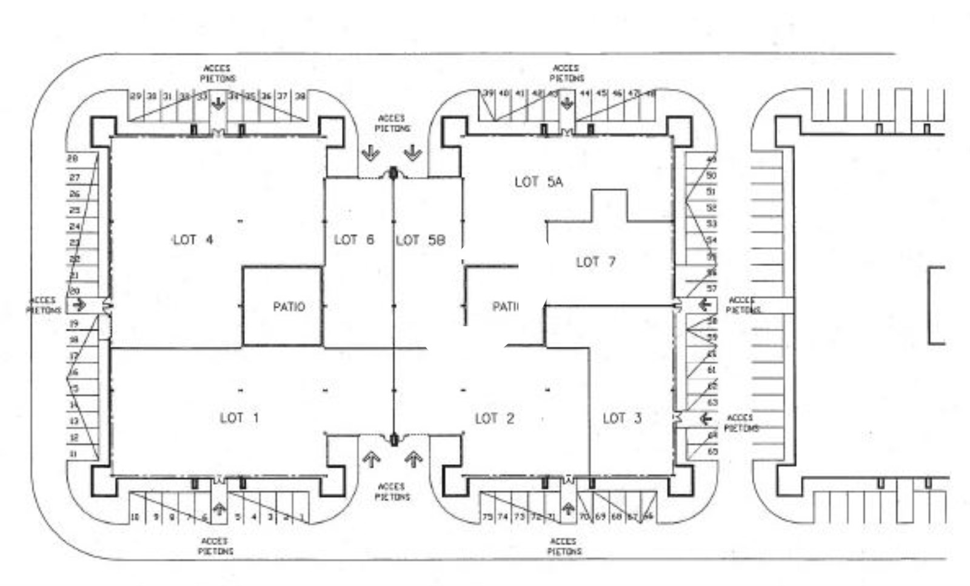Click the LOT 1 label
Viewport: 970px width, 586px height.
[x=239, y=418]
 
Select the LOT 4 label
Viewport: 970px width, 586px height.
[x=193, y=240]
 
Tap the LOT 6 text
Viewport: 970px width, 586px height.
[x=354, y=240]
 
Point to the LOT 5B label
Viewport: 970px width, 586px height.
[x=420, y=241]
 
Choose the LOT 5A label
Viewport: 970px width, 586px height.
[x=538, y=181]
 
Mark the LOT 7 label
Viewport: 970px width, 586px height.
[x=595, y=262]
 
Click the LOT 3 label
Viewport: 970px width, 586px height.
[x=622, y=418]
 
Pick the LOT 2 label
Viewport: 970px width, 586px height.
[x=494, y=418]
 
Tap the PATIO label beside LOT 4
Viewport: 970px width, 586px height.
[x=289, y=307]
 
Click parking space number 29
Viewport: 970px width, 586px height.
[x=136, y=96]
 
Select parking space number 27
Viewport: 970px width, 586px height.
[x=75, y=178]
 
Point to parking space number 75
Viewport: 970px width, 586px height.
[x=487, y=517]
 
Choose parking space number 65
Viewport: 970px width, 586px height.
[x=712, y=451]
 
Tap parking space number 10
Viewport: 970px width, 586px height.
[x=135, y=517]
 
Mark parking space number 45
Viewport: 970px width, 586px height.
[x=601, y=93]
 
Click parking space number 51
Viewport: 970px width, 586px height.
[x=711, y=191]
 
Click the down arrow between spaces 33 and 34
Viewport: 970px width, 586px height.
[x=218, y=104]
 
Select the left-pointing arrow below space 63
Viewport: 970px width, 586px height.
[x=704, y=418]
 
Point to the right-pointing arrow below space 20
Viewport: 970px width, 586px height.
[x=79, y=304]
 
